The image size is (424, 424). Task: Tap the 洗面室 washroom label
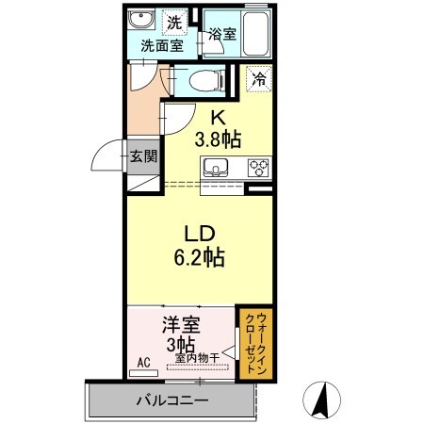tap(161, 44)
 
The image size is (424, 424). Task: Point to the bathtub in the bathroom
tap(255, 31)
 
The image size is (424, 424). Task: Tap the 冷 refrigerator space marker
tap(257, 80)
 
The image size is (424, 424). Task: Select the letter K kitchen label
tap(218, 119)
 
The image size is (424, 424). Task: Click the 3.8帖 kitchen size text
tap(218, 139)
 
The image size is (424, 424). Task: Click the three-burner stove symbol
tap(258, 170)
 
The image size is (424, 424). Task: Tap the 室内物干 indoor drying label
tap(195, 357)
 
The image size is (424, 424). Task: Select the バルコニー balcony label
tap(171, 400)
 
